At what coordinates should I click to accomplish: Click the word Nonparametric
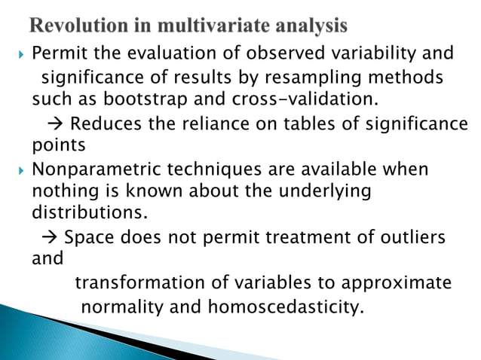click(x=96, y=170)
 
